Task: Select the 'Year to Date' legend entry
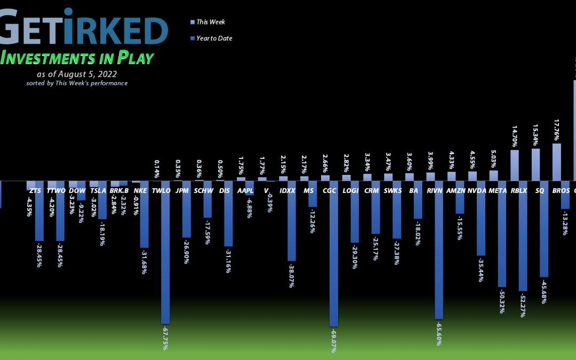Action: pos(214,38)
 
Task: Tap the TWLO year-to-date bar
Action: pos(165,252)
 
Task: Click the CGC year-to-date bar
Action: pos(333,253)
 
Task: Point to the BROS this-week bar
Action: pos(556,162)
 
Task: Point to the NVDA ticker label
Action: pos(477,190)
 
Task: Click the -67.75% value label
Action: pos(165,338)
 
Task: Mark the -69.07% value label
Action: pos(334,340)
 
